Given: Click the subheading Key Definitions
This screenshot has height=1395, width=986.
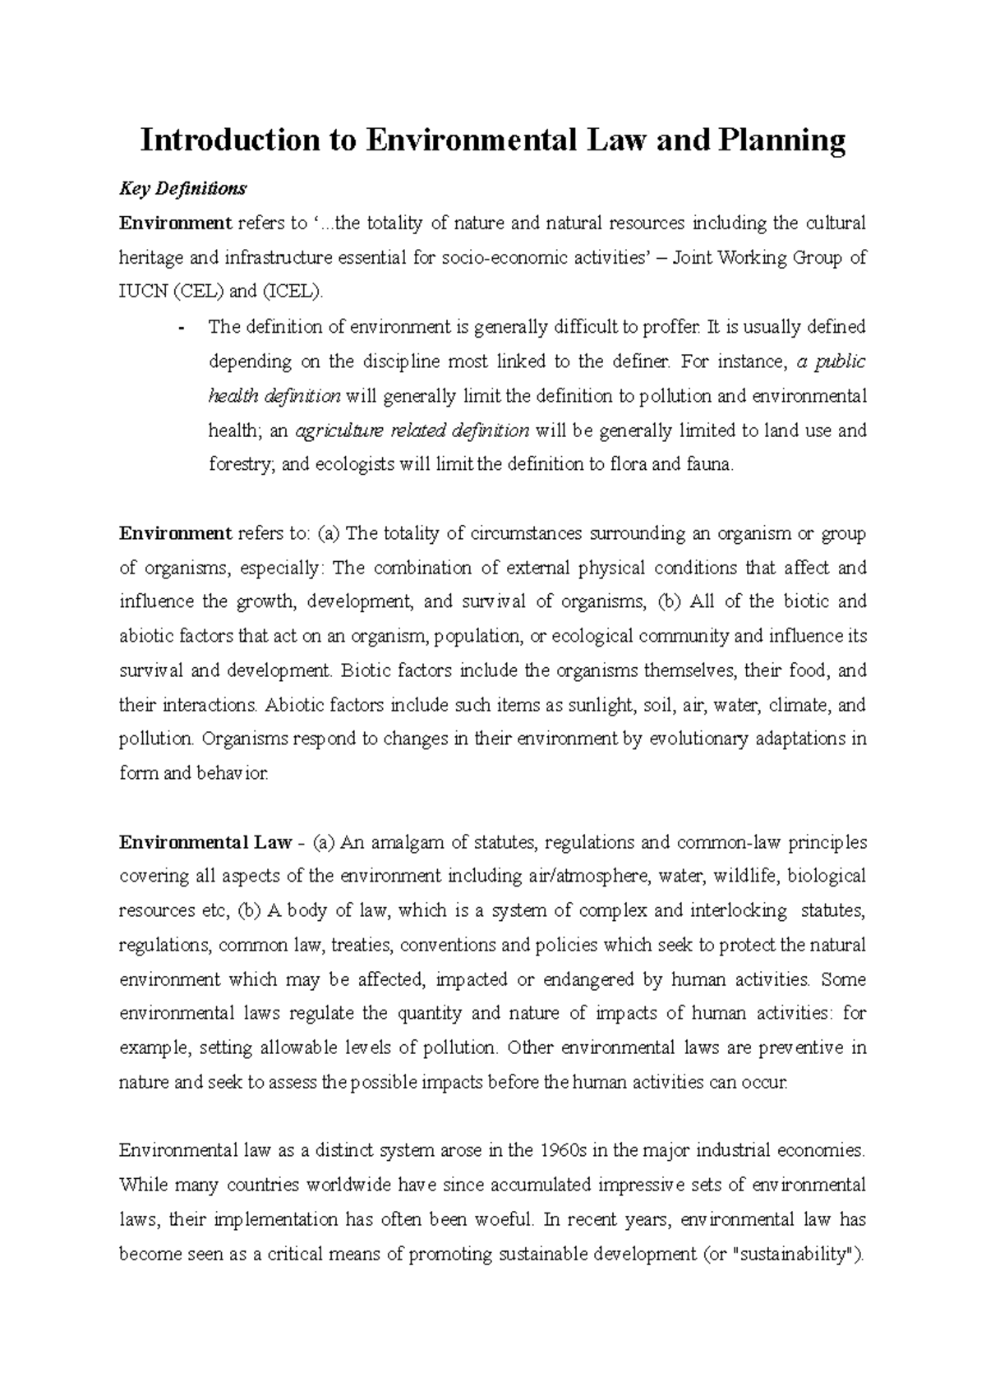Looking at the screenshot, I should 182,189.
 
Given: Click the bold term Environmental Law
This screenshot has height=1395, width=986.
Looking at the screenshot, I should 205,843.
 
